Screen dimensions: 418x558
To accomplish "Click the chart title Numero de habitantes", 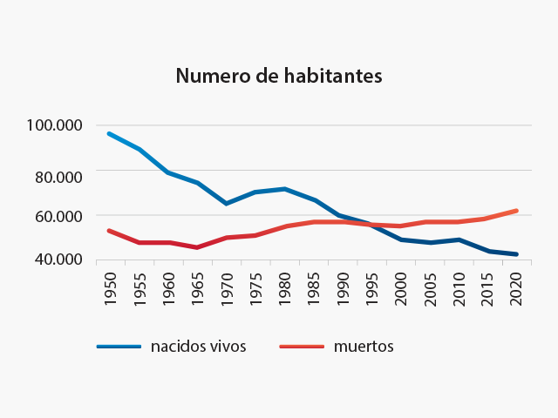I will coord(279,76).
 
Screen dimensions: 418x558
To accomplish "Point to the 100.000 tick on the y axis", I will coord(55,125).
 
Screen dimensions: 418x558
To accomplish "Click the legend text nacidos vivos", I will coord(198,347).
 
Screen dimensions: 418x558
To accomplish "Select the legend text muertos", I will coord(364,347).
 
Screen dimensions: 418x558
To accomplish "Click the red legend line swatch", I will coord(301,347).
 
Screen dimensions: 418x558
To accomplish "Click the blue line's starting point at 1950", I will coord(109,134).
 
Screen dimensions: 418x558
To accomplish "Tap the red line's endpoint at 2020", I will coord(517,211).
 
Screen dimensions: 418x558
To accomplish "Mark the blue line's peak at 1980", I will coord(284,189).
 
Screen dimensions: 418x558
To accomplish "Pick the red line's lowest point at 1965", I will coord(197,247).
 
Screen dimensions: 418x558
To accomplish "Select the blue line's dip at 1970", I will coord(227,203).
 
